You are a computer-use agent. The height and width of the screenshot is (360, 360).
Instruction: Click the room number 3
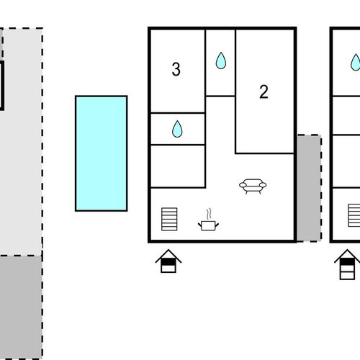coord(176,69)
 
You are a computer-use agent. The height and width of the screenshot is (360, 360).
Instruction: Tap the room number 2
coord(264,91)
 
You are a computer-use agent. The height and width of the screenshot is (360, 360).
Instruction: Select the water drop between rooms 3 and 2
coord(221,60)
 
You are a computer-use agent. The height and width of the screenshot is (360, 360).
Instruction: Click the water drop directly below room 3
coord(177,129)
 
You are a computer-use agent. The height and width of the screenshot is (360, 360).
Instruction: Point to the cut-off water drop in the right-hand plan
coord(356,62)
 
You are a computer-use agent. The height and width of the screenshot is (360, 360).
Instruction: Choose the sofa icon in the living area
coord(253,186)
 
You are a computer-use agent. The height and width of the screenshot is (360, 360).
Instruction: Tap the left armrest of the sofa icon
coord(243,185)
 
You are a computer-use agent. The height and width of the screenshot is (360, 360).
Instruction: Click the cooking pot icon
coord(208,225)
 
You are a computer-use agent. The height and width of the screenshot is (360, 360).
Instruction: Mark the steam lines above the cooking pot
coord(209,214)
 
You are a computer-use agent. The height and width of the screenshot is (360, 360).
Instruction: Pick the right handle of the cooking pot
coord(217,225)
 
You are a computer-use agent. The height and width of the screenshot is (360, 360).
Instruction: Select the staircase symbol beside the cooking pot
coord(169,219)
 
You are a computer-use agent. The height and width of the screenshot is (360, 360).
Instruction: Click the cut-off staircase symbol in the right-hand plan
coord(354,215)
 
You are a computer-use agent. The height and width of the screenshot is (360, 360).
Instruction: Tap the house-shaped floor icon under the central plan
coord(168,261)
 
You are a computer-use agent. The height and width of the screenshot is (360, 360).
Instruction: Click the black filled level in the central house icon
coord(168,262)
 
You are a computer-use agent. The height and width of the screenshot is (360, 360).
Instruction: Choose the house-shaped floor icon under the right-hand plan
coord(347,265)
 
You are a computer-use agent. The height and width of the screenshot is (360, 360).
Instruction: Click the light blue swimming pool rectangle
coord(101,153)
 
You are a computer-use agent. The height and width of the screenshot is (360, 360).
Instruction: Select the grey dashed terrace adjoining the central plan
coord(309,188)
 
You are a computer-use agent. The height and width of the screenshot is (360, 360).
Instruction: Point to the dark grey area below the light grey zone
coord(21,307)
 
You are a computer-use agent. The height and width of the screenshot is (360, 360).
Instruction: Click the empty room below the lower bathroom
coord(178,166)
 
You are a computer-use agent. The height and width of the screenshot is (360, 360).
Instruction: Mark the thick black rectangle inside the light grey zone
coord(2,86)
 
